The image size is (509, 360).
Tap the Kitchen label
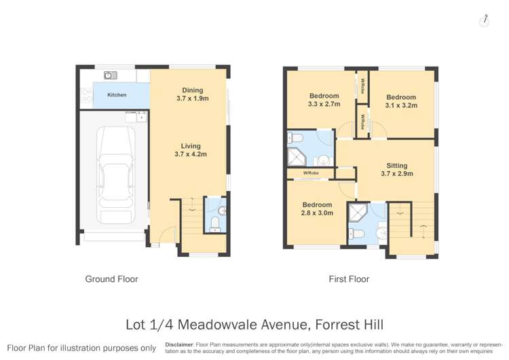click(117, 95)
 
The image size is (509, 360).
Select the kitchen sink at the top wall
click(111, 75)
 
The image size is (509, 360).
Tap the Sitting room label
click(397, 170)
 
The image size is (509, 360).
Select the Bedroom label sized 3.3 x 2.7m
click(324, 101)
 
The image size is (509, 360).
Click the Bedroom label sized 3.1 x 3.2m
click(400, 101)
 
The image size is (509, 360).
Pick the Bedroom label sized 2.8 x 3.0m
click(317, 209)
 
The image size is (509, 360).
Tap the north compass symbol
click(484, 21)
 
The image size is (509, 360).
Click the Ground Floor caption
click(111, 279)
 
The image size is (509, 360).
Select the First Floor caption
click(350, 279)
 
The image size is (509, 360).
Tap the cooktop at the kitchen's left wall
click(86, 96)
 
